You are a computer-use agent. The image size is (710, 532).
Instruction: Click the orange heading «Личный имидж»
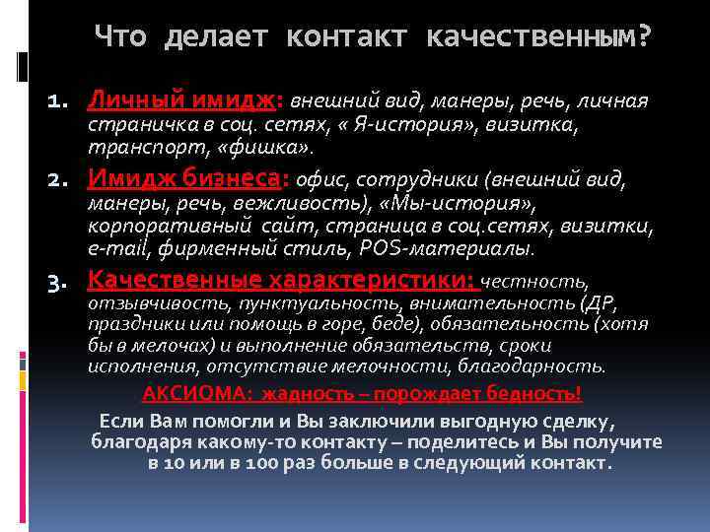point(184,100)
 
